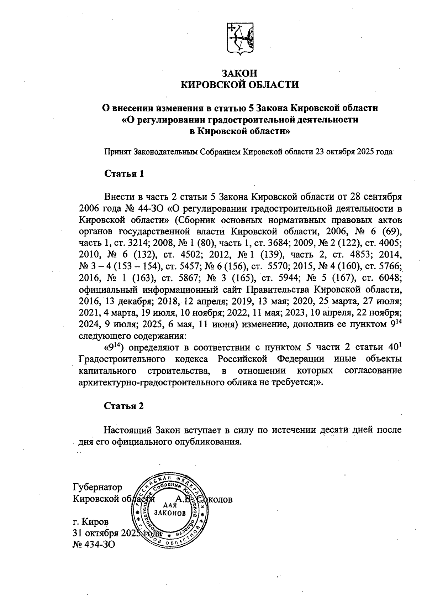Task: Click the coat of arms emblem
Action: point(240,40)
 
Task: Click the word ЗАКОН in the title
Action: point(239,73)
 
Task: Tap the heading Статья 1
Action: point(124,174)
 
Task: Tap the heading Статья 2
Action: point(124,406)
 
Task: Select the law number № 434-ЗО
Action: point(94,545)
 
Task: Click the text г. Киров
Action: point(91,522)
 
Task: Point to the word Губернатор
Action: point(97,487)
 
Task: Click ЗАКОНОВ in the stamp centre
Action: point(170,513)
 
